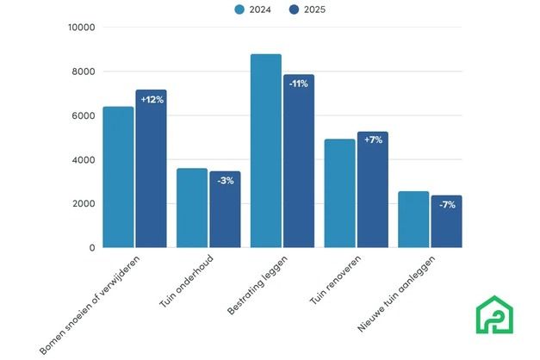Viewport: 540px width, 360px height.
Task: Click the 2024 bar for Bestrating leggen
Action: point(265,151)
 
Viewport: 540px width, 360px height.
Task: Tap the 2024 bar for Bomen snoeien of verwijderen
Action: point(118,177)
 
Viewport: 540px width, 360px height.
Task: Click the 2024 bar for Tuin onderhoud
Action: point(192,208)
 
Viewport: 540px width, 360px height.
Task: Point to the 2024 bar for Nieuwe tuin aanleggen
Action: point(413,220)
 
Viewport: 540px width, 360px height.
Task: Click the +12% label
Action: point(152,100)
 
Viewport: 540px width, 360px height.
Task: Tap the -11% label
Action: point(299,84)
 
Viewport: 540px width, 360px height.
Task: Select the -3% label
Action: point(225,181)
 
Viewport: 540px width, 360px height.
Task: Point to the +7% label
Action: point(373,140)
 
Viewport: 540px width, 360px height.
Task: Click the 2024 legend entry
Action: point(250,10)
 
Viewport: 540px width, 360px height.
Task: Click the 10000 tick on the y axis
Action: point(81,28)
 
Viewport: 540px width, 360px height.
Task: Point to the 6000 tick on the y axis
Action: point(84,116)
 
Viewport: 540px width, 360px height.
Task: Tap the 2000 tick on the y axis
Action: point(84,204)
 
